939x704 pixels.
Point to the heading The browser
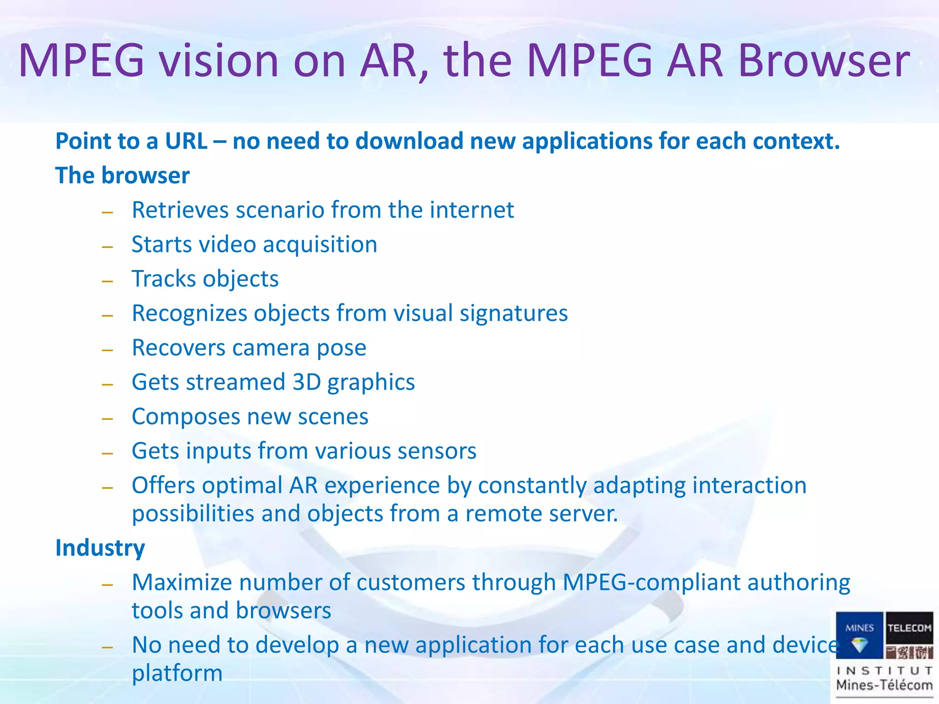[122, 176]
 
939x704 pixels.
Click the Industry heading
[100, 548]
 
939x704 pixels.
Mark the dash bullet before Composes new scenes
[108, 419]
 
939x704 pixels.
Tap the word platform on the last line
[177, 673]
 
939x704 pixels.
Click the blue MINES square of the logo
[859, 635]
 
